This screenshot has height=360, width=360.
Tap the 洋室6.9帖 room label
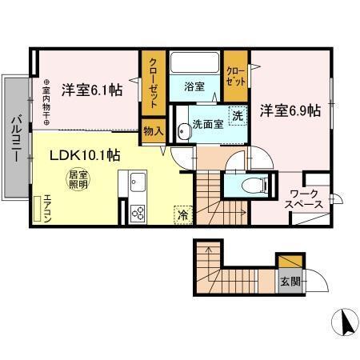coord(290,110)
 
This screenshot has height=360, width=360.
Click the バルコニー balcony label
coord(15,138)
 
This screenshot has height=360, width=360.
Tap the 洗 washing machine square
coord(238,115)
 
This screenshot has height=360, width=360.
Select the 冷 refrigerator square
coord(182,214)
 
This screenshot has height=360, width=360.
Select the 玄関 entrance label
coord(290,282)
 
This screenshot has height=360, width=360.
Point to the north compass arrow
coord(346,322)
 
